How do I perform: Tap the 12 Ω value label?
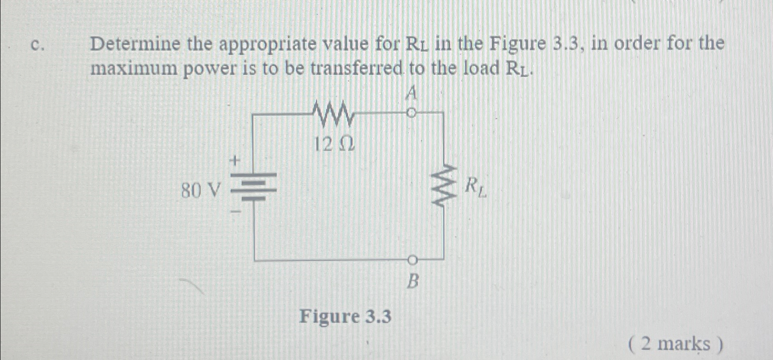click(334, 145)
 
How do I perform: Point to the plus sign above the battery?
click(236, 161)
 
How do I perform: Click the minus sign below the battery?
click(236, 212)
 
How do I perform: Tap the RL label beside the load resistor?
click(476, 187)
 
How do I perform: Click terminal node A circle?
click(411, 112)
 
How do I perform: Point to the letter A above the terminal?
click(411, 94)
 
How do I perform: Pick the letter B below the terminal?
click(412, 282)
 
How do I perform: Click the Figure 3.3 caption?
click(345, 316)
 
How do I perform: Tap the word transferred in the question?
click(357, 69)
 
